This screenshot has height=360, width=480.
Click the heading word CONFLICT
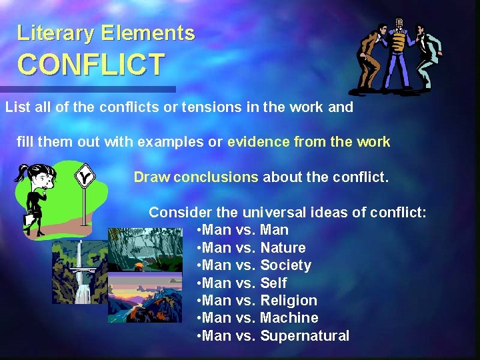click(x=91, y=65)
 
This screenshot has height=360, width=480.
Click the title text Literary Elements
click(x=106, y=33)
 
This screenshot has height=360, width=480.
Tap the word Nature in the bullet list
click(x=283, y=247)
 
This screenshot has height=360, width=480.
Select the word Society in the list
click(x=285, y=265)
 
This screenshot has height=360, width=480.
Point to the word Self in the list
click(x=273, y=283)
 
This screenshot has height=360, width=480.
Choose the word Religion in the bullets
click(x=289, y=301)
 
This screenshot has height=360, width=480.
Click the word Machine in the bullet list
click(x=289, y=318)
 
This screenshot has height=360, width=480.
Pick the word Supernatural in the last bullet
click(x=304, y=336)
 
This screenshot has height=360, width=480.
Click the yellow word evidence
click(x=259, y=142)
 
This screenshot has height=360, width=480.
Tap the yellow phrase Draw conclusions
click(x=195, y=177)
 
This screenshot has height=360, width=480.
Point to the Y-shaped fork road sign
click(x=84, y=178)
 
